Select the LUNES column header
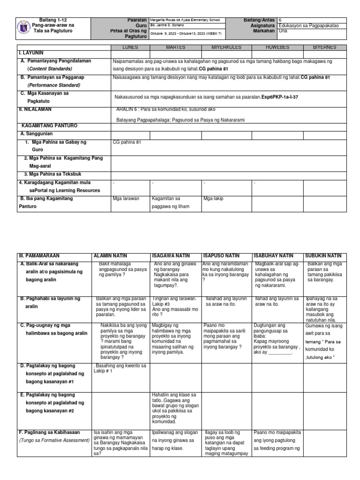pos(130,47)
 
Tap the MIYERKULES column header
pos(226,47)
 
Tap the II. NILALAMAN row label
pos(34,109)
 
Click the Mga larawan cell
pos(126,199)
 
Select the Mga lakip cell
pos(213,199)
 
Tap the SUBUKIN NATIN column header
pos(323,256)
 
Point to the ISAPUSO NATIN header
pos(221,256)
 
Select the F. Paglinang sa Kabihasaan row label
pos(49,432)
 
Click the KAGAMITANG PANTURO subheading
pos(50,126)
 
